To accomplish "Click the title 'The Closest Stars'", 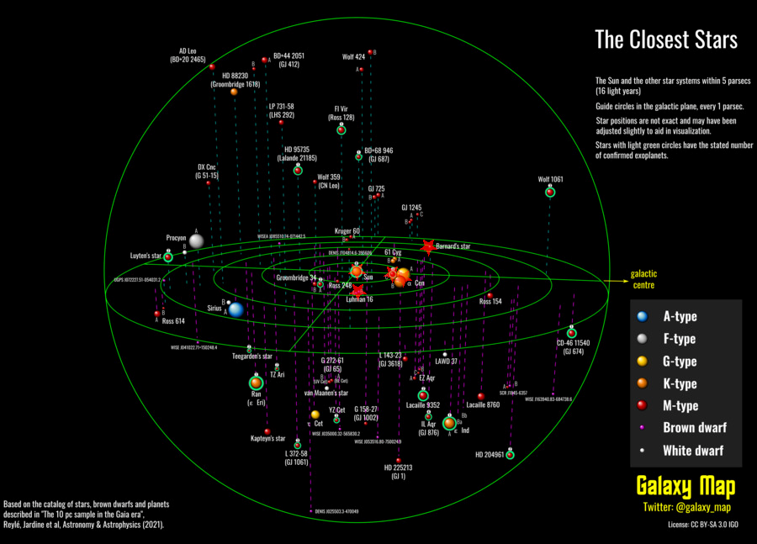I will coord(665,40).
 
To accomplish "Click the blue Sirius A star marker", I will coord(236,309).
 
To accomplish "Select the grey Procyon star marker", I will coord(196,241).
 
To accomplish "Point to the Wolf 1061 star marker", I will coord(549,193).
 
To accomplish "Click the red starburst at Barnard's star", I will coord(427,246).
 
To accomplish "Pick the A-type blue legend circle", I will coord(643,317).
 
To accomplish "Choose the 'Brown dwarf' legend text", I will coord(695,427).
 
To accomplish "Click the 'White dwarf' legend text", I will coord(693,450).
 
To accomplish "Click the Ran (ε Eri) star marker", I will coord(256,383).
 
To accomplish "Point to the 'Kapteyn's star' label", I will coord(268,439).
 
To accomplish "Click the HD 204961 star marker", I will coord(510,455).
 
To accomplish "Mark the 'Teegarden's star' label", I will coord(251,357).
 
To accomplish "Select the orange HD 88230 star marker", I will coord(234,92).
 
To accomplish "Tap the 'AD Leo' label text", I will coord(188,50).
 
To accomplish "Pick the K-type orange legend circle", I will coord(643,383).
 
